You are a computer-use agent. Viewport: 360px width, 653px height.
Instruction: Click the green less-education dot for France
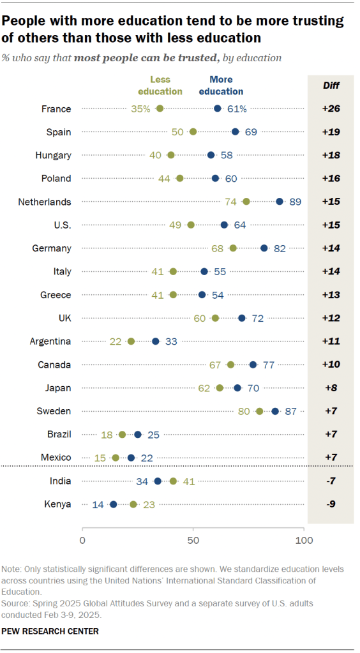[160, 109]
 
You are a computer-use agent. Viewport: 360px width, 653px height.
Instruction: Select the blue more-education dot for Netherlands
[280, 202]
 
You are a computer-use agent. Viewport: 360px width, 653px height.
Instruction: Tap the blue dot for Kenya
[113, 504]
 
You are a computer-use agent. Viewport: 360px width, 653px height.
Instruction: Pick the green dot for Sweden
[259, 411]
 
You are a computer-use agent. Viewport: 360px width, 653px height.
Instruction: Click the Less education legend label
[165, 86]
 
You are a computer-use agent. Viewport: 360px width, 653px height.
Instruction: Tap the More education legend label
[221, 86]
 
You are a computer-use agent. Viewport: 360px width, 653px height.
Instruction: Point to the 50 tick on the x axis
[193, 541]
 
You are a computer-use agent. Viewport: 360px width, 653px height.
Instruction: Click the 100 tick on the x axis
[304, 541]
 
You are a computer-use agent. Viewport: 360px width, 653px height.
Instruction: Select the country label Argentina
[50, 341]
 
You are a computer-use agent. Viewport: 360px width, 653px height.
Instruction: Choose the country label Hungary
[54, 155]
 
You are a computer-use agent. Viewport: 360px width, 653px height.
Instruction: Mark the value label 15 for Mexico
[100, 458]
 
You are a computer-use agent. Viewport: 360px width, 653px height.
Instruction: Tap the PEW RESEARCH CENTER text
[50, 631]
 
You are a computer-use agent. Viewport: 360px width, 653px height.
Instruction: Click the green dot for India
[173, 481]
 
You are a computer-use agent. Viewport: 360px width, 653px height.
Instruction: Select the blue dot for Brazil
[137, 434]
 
